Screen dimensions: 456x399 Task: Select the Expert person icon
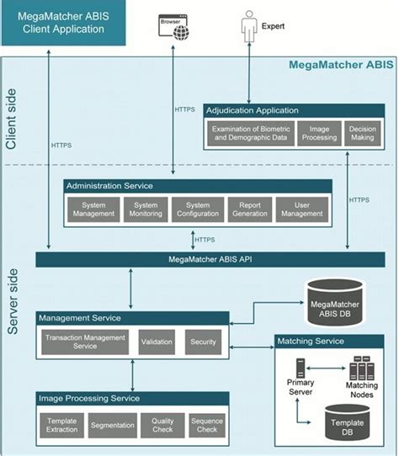(249, 25)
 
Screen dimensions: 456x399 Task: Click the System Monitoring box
(146, 209)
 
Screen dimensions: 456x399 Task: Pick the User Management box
(301, 209)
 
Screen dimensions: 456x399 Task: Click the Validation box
(157, 342)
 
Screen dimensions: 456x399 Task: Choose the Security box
(204, 342)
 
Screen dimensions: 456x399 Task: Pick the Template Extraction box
(61, 424)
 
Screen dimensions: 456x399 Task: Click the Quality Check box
(162, 424)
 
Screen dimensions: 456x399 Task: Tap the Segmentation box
(112, 424)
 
